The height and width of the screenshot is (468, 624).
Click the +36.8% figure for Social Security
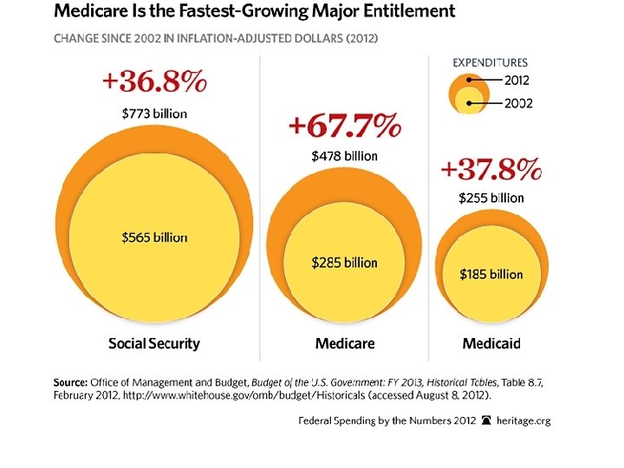(x=154, y=83)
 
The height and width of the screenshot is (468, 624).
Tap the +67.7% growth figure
(x=344, y=127)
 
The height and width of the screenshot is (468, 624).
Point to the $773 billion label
(x=154, y=113)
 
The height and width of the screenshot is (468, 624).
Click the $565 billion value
(x=154, y=237)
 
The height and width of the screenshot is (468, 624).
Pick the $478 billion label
(x=344, y=156)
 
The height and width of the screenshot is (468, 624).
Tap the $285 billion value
(x=344, y=263)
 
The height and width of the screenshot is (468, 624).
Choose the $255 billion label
(x=491, y=198)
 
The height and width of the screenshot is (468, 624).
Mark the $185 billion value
(x=491, y=274)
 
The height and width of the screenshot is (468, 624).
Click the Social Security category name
(x=154, y=343)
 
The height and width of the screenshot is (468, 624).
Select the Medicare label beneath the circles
(x=344, y=343)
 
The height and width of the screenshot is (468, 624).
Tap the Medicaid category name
(x=491, y=343)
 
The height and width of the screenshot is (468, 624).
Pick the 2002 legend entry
(x=518, y=104)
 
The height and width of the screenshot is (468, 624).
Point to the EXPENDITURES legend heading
(x=491, y=62)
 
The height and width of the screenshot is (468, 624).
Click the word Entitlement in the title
(x=406, y=12)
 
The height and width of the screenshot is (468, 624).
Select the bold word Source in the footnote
(x=70, y=382)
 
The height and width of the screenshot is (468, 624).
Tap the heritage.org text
(x=523, y=420)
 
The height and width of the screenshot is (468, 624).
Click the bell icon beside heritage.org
(x=485, y=420)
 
